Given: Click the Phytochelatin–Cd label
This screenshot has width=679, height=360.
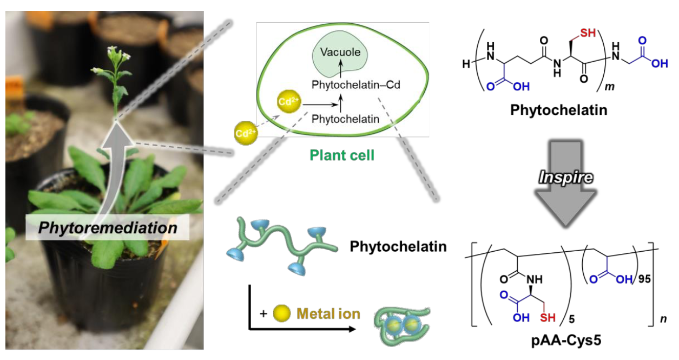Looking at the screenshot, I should point(355,85).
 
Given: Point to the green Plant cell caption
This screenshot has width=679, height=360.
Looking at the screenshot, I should point(342,156).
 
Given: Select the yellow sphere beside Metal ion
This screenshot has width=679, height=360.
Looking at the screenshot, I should point(282,313).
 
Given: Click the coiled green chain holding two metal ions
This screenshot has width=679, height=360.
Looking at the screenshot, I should point(403,325).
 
